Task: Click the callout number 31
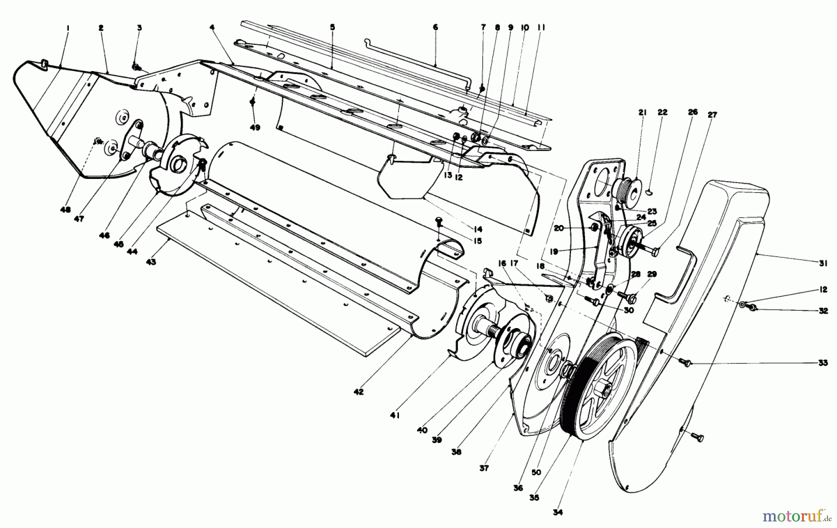tap(824, 263)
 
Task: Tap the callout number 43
tap(151, 262)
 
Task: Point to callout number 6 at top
tap(435, 27)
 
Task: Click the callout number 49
tap(255, 127)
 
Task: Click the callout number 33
tap(823, 363)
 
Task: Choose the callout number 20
tap(558, 228)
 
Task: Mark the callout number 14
tap(478, 229)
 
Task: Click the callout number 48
tap(65, 210)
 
